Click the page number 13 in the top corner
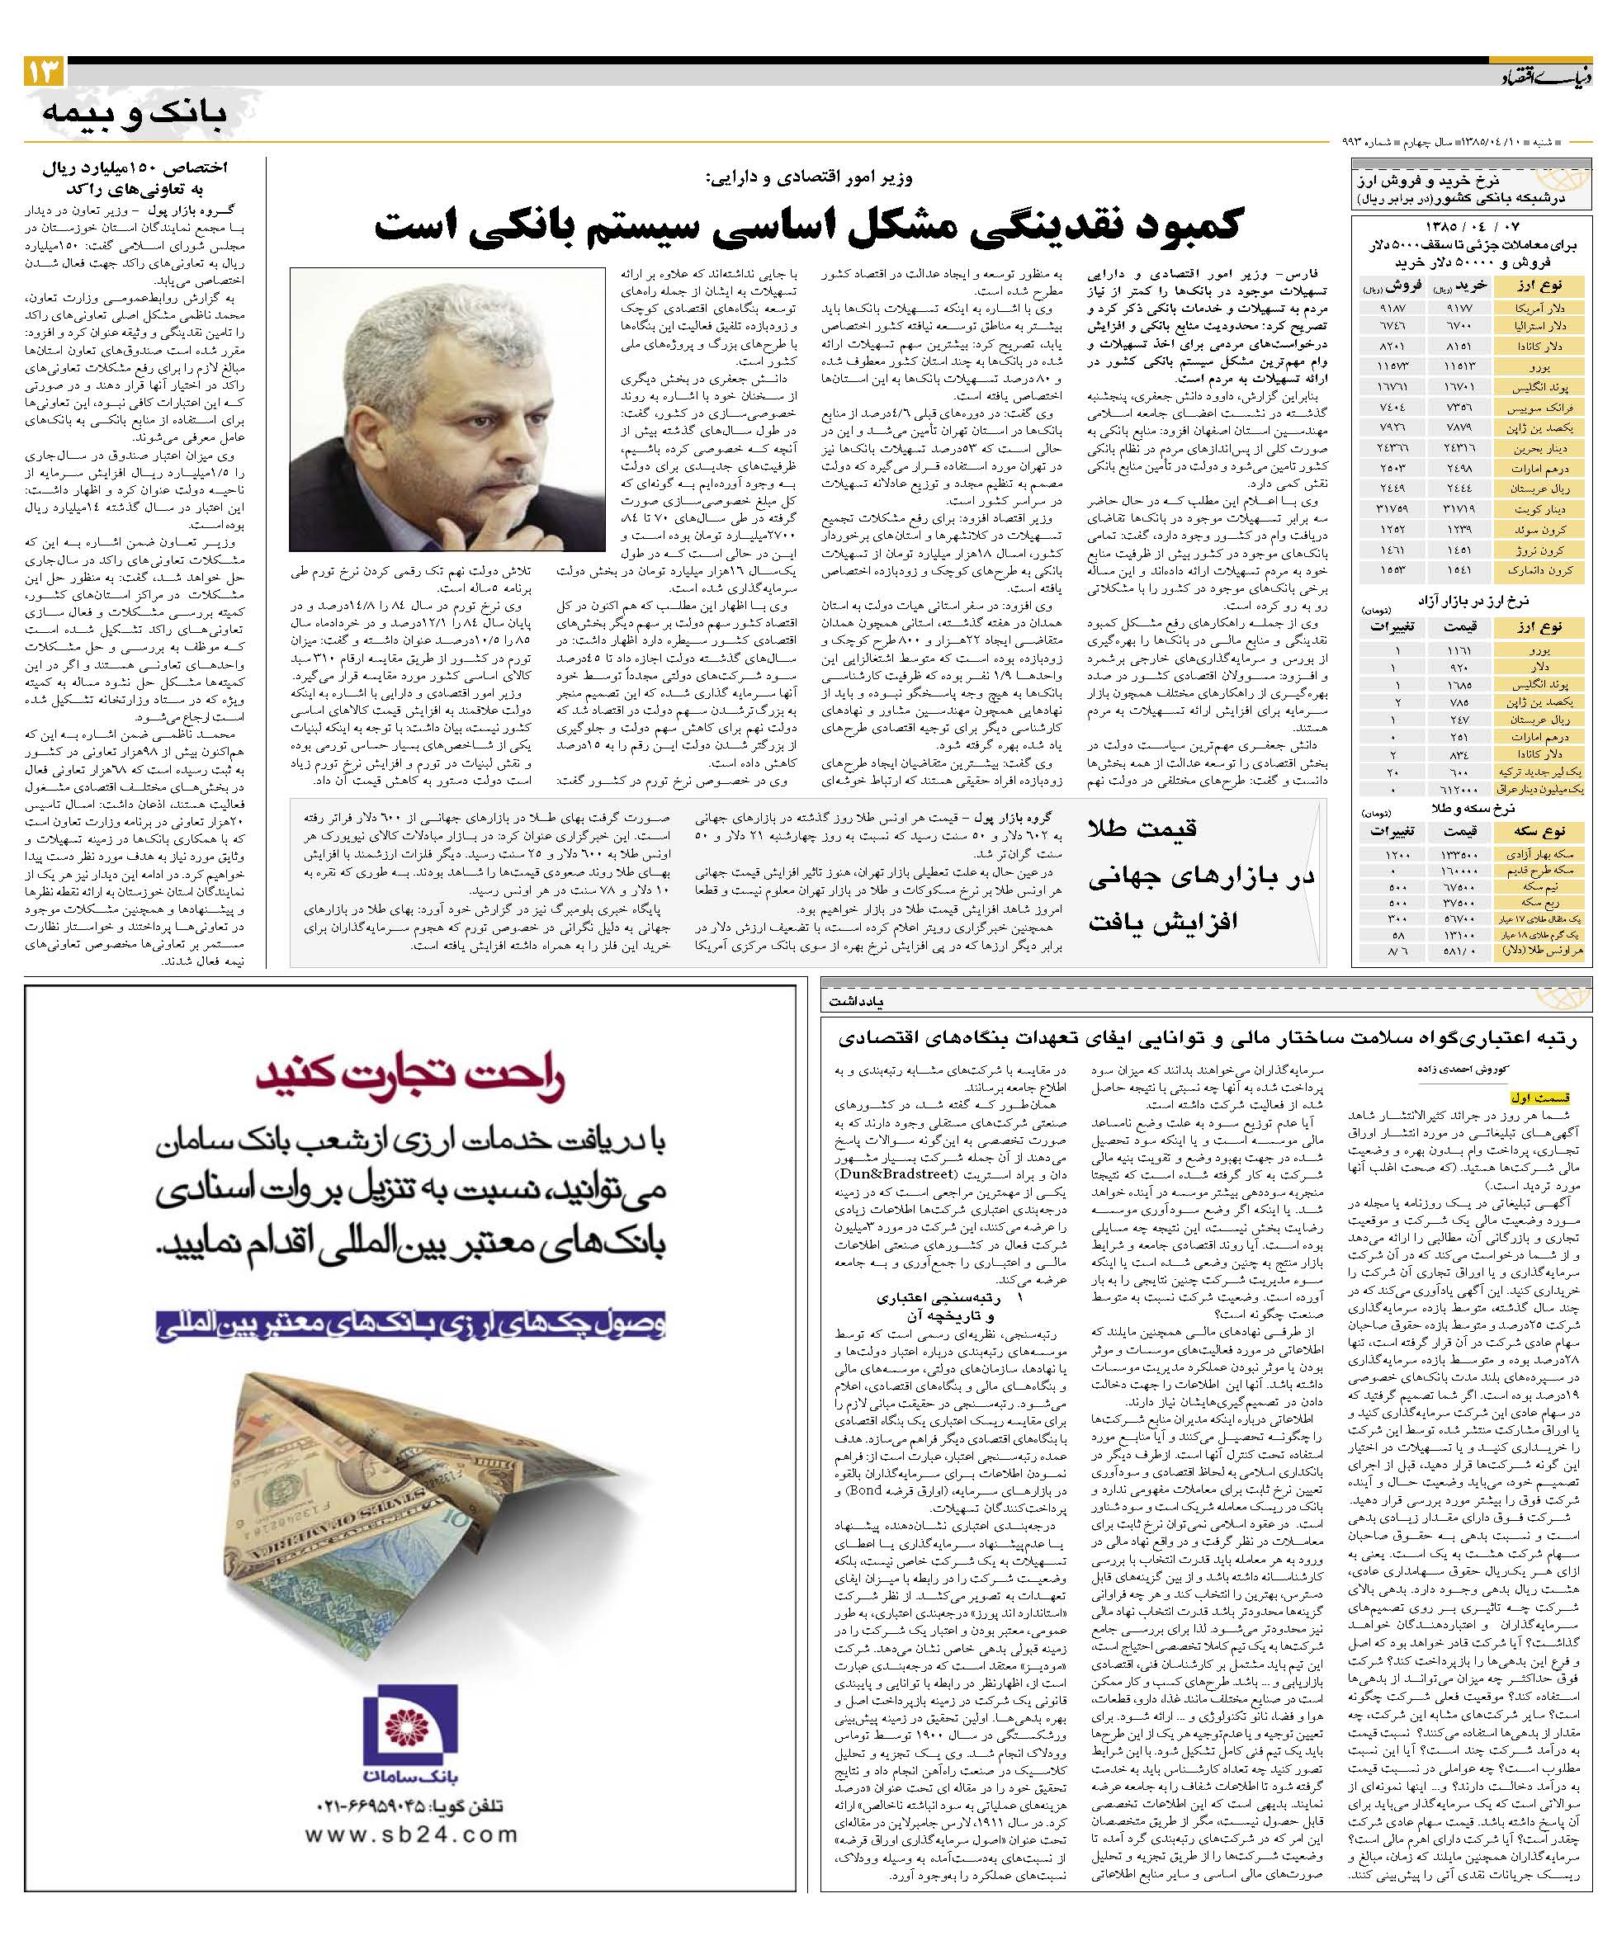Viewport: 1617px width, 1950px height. coord(43,72)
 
